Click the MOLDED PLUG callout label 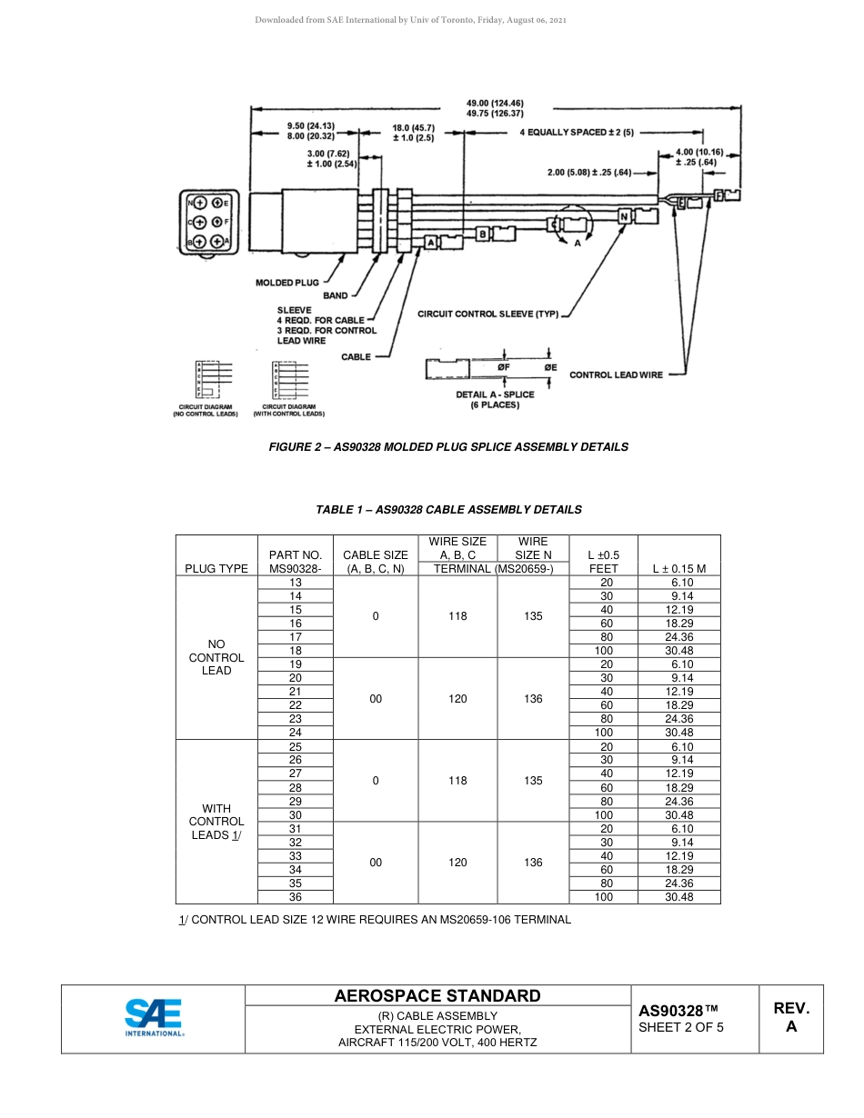tap(286, 283)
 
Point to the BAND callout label tap(335, 296)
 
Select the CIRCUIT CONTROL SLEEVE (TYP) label tap(487, 314)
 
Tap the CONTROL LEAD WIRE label tap(616, 374)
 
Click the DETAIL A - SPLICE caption tap(495, 394)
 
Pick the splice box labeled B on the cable tap(483, 235)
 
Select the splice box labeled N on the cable tap(625, 217)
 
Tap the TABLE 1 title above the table tap(448, 510)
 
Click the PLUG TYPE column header tap(216, 568)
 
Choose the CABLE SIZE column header tap(376, 562)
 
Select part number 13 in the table tap(296, 583)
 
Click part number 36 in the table tap(296, 897)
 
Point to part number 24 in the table tap(296, 733)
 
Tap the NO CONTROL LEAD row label tap(216, 657)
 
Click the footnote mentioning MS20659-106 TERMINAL tap(376, 920)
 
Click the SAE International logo tap(154, 1018)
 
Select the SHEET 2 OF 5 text tap(681, 1028)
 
